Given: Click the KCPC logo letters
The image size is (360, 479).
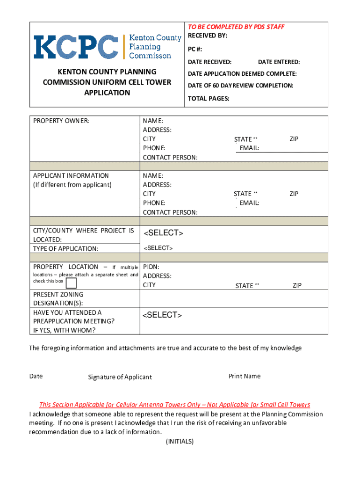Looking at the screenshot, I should click(x=75, y=46).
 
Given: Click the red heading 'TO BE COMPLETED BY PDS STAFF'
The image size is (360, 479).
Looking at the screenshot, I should click(x=236, y=27).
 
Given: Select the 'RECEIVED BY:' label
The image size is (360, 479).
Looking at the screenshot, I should click(x=207, y=36).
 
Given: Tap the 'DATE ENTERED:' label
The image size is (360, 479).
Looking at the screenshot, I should click(x=279, y=62).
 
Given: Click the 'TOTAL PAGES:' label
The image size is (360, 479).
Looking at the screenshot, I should click(x=209, y=99).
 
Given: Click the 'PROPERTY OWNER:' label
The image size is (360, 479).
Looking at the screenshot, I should click(x=61, y=121).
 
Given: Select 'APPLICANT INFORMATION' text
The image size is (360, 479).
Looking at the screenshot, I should click(x=71, y=176).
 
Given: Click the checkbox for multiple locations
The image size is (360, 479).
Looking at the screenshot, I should click(x=72, y=283).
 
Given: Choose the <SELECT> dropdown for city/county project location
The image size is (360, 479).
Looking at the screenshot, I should click(x=163, y=233).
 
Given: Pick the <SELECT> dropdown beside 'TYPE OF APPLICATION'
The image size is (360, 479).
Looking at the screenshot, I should click(x=158, y=248).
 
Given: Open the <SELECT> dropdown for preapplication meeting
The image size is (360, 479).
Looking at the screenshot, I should click(x=162, y=315).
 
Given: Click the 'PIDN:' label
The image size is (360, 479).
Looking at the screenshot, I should click(x=151, y=267).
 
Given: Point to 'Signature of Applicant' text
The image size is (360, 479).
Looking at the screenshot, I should click(x=120, y=377).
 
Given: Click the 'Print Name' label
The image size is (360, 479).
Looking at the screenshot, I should click(x=245, y=376).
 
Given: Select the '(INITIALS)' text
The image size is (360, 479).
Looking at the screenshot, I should click(x=180, y=442).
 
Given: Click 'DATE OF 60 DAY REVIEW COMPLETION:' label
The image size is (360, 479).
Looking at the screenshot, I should click(x=240, y=86).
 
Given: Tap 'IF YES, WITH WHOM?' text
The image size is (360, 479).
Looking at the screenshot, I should click(x=65, y=330).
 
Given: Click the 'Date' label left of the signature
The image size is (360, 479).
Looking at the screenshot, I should click(x=36, y=376).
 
